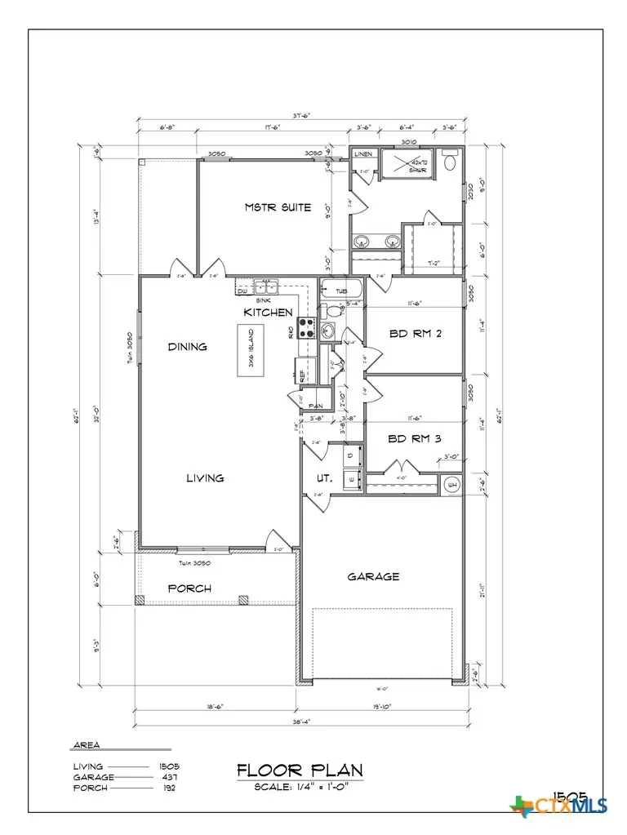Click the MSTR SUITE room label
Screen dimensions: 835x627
coord(278,207)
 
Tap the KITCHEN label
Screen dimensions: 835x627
coord(267,313)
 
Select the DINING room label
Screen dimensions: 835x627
coord(187,346)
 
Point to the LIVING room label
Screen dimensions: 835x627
coord(204,477)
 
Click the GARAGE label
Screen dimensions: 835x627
coord(373,575)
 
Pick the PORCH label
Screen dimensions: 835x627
coord(189,588)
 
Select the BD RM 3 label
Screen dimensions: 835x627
coord(415,438)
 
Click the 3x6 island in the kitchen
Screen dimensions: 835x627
coord(249,351)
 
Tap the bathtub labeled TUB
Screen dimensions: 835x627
coord(340,290)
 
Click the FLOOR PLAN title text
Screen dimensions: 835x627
coord(300,770)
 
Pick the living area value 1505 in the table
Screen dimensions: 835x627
coord(169,766)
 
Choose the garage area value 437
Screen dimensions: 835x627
coord(169,777)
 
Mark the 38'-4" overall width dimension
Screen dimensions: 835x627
coord(302,722)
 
